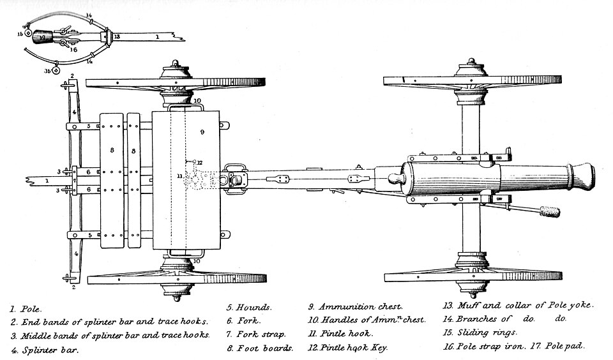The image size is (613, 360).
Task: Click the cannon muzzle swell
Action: click(582, 177)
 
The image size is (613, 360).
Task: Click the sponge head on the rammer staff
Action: click(550, 211)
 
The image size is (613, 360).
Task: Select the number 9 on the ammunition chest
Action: click(202, 132)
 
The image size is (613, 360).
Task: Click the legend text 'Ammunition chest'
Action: click(360, 307)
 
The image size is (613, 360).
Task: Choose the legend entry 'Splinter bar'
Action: click(50, 350)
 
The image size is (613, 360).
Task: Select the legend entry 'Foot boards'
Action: click(264, 348)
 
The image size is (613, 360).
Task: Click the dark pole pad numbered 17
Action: click(42, 37)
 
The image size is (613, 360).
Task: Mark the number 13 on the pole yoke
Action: click(117, 37)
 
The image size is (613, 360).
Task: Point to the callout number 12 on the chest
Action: click(199, 163)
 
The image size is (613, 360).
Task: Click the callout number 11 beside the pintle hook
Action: click(179, 176)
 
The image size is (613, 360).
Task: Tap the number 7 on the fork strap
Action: click(74, 181)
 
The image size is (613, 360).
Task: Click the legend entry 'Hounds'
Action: click(254, 308)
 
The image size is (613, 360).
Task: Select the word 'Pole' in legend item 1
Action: click(31, 309)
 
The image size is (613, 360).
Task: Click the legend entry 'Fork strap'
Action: click(261, 334)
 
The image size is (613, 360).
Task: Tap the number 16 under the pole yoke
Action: click(73, 50)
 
